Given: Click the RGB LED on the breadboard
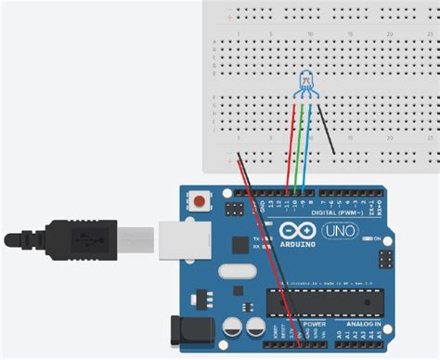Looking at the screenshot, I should pos(306,86).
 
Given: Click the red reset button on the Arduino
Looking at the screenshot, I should pos(198,199).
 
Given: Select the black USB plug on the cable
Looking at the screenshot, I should pos(84,239).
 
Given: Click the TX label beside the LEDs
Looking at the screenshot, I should pos(256,238).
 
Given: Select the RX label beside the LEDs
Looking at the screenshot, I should pos(256,246).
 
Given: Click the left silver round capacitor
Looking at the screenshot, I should pos(231,327).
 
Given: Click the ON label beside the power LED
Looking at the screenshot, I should pos(379,238).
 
